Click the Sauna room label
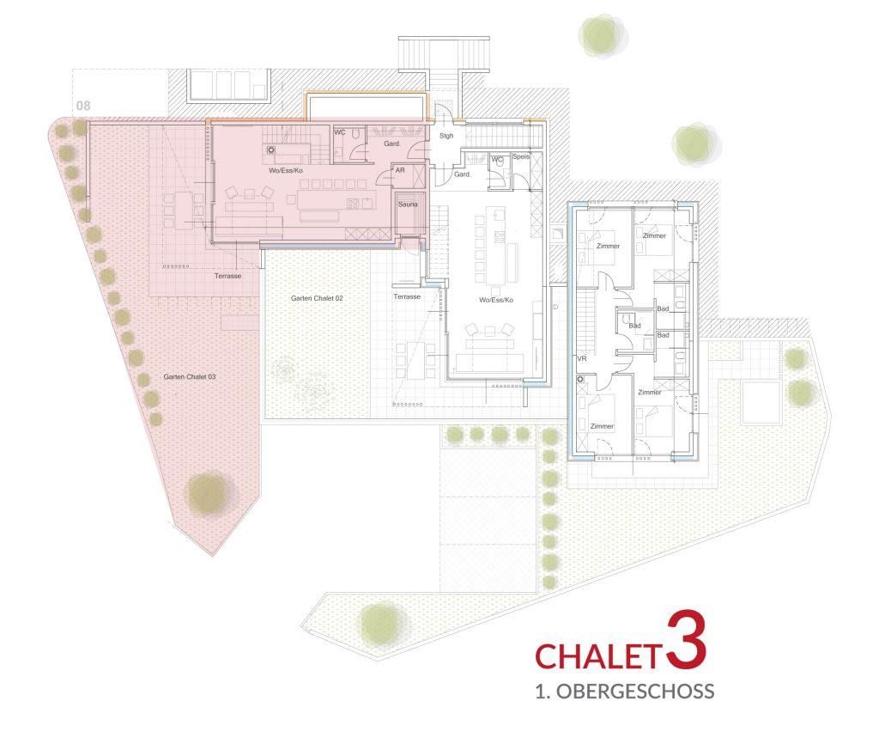click(408, 204)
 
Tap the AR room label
click(400, 170)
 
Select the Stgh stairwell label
click(446, 136)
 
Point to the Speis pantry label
click(521, 156)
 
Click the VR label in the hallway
click(581, 358)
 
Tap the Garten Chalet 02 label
click(317, 298)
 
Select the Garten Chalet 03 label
click(190, 377)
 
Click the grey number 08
click(83, 106)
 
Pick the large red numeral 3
click(686, 639)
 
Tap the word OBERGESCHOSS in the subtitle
click(635, 692)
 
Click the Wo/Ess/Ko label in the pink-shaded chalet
click(285, 171)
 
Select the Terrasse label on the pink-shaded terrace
click(227, 276)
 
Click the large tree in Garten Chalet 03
click(209, 494)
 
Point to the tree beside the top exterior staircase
click(602, 36)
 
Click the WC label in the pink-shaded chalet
click(340, 133)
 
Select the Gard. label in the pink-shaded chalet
click(391, 143)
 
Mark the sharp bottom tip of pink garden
click(213, 556)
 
